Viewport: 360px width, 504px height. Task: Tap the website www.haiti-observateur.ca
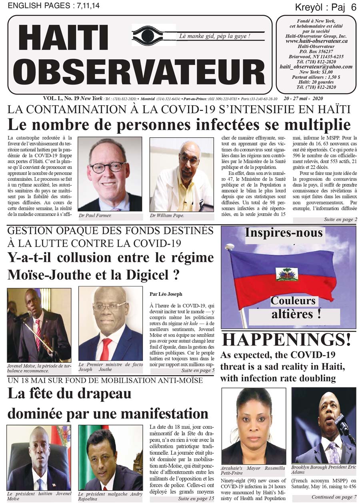(316, 41)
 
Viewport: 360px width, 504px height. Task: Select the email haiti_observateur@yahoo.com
(316, 67)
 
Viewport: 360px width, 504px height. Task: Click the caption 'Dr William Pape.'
(168, 216)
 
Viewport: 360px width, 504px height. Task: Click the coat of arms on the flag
(287, 274)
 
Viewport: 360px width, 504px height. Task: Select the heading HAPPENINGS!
(286, 339)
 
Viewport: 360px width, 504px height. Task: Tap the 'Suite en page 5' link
(197, 371)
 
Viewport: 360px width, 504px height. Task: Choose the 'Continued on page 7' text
(334, 497)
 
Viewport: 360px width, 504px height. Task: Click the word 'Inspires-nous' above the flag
(284, 233)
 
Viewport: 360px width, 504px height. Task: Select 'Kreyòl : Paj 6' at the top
(325, 7)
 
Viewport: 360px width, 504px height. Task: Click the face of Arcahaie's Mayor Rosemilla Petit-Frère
(254, 418)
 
